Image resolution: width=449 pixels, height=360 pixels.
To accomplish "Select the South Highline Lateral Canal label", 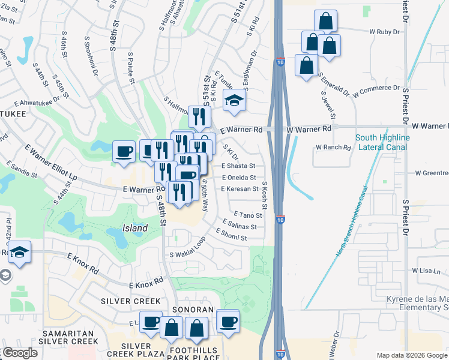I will pos(382,142).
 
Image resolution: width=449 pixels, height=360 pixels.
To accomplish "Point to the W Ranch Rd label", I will pos(333,147).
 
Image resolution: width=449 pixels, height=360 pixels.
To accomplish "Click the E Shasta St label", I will pos(238,166).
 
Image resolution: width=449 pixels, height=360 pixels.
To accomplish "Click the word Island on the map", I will pos(135,229).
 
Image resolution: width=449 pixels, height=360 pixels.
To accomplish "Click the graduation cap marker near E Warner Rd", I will pos(234,101).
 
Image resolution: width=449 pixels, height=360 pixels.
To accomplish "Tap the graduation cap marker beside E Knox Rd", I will pos(20,253).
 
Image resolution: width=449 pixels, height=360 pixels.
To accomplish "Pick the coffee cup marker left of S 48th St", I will pos(124,151).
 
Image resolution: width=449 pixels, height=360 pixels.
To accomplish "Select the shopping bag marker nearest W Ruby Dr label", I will pos(325,21).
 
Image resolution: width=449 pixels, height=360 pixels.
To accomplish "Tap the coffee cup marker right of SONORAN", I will pos(228,321).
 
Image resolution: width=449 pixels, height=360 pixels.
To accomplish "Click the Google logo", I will pos(21,353).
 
